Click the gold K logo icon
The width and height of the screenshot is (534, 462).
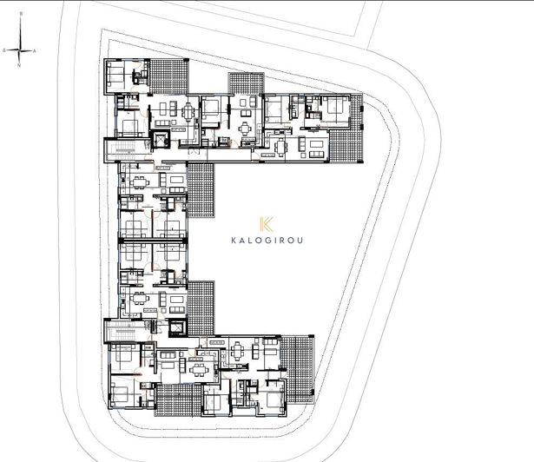(267, 223)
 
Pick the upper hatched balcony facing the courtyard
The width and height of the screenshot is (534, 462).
(200, 191)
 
